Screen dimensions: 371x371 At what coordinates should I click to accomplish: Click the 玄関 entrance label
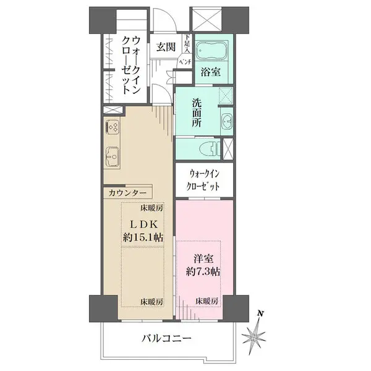[x=166, y=47]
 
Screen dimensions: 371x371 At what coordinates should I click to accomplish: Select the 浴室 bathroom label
[x=211, y=72]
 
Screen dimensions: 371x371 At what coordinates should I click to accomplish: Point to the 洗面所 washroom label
[x=197, y=113]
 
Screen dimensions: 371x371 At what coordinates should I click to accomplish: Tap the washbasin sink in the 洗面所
[x=227, y=121]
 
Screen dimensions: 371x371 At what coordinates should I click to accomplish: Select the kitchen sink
[x=113, y=156]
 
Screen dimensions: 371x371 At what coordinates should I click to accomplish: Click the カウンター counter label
[x=127, y=194]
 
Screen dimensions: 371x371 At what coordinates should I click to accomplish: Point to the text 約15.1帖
[x=143, y=237]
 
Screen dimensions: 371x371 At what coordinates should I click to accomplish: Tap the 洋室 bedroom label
[x=203, y=258]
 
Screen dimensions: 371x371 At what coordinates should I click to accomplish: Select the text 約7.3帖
[x=203, y=271]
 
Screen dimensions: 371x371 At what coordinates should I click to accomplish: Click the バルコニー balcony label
[x=166, y=339]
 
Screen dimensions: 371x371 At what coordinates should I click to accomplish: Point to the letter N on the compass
[x=260, y=314]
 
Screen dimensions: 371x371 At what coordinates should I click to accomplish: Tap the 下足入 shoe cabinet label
[x=187, y=43]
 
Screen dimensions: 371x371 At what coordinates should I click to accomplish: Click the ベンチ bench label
[x=185, y=62]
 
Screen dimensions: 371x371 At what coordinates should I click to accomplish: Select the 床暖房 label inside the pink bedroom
[x=207, y=301]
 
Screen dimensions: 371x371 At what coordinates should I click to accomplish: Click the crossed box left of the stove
[x=113, y=110]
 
